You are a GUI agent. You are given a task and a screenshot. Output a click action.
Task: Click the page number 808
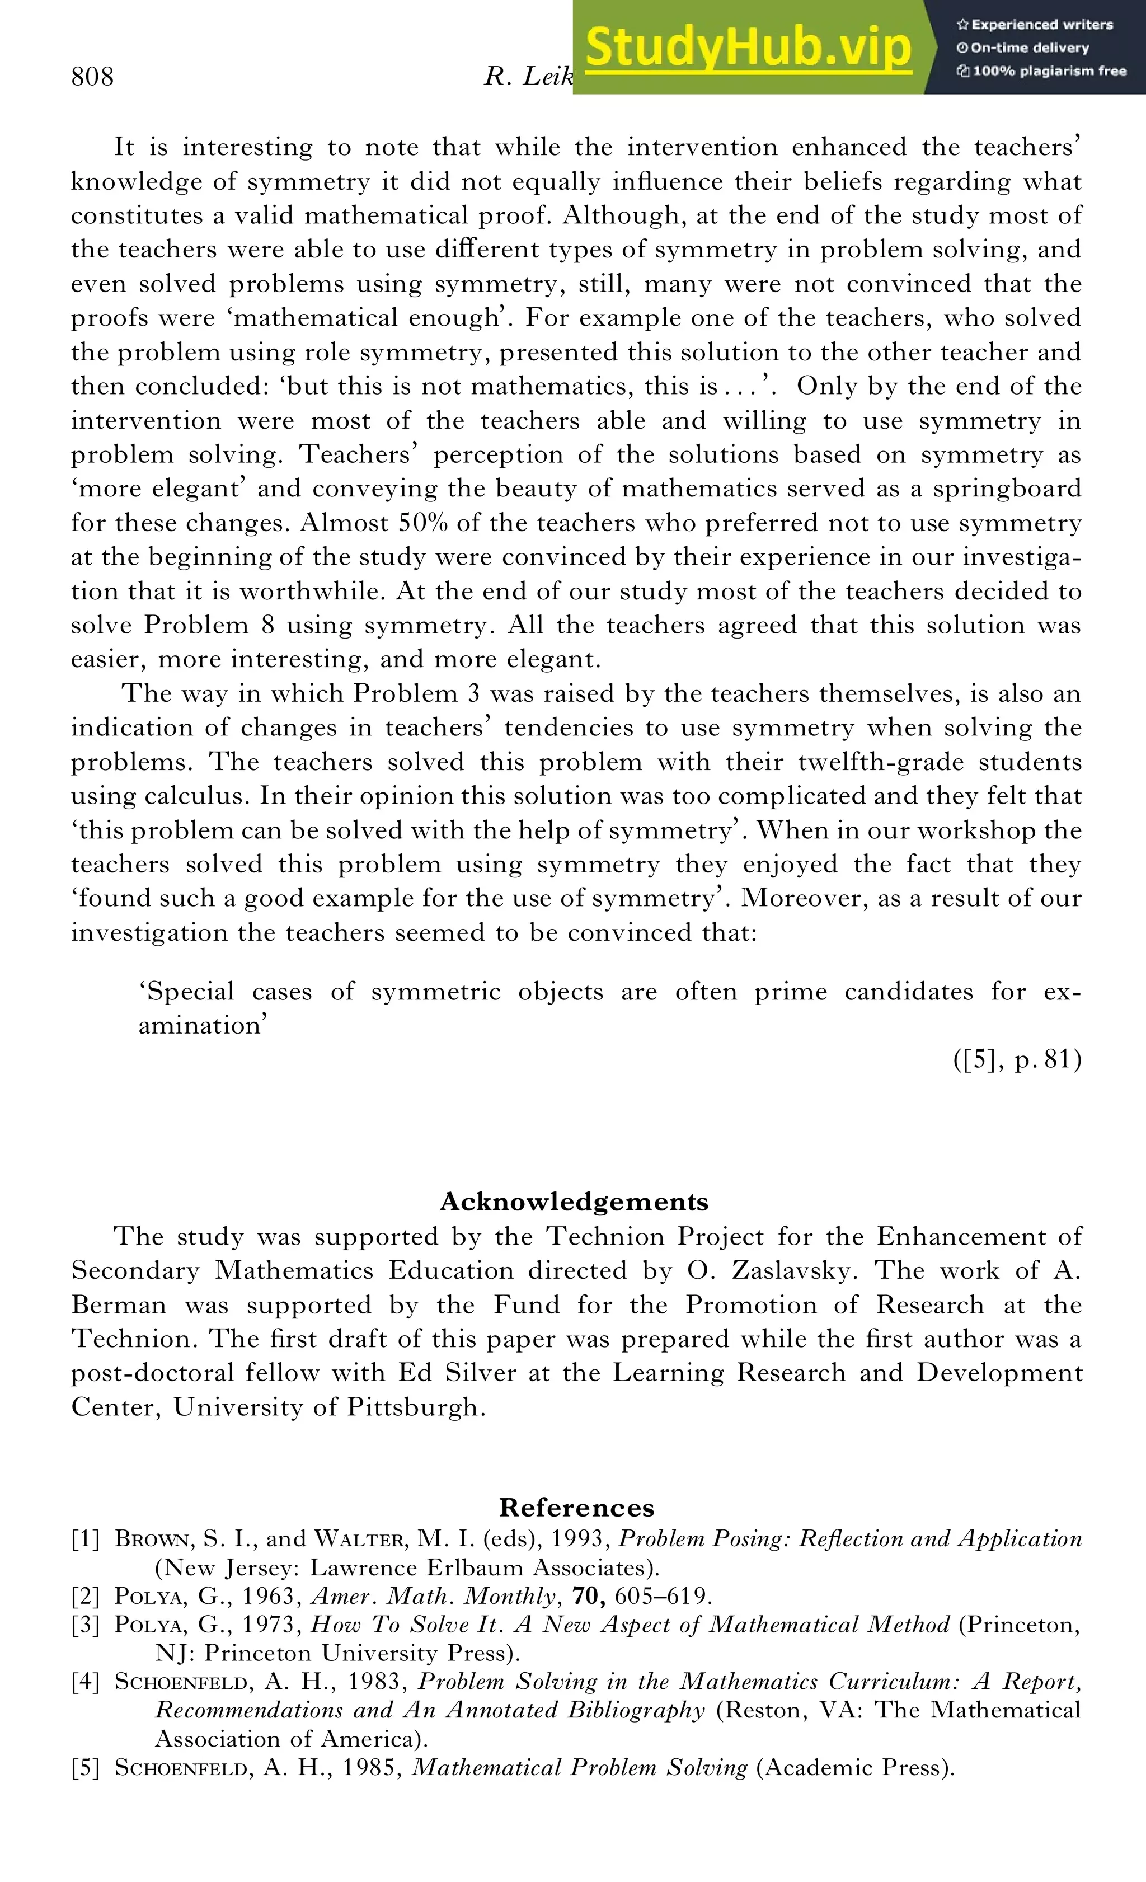click(92, 76)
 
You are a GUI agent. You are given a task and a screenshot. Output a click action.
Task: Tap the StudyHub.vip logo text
click(748, 48)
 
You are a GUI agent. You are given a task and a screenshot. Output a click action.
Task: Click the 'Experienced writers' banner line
click(1035, 25)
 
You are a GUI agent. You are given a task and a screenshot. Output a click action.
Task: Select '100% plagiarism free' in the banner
click(1042, 71)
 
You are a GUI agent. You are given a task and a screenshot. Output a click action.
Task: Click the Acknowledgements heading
click(574, 1202)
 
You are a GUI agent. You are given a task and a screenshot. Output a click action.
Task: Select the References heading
click(576, 1507)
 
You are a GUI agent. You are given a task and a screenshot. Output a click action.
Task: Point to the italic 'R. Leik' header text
click(528, 76)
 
